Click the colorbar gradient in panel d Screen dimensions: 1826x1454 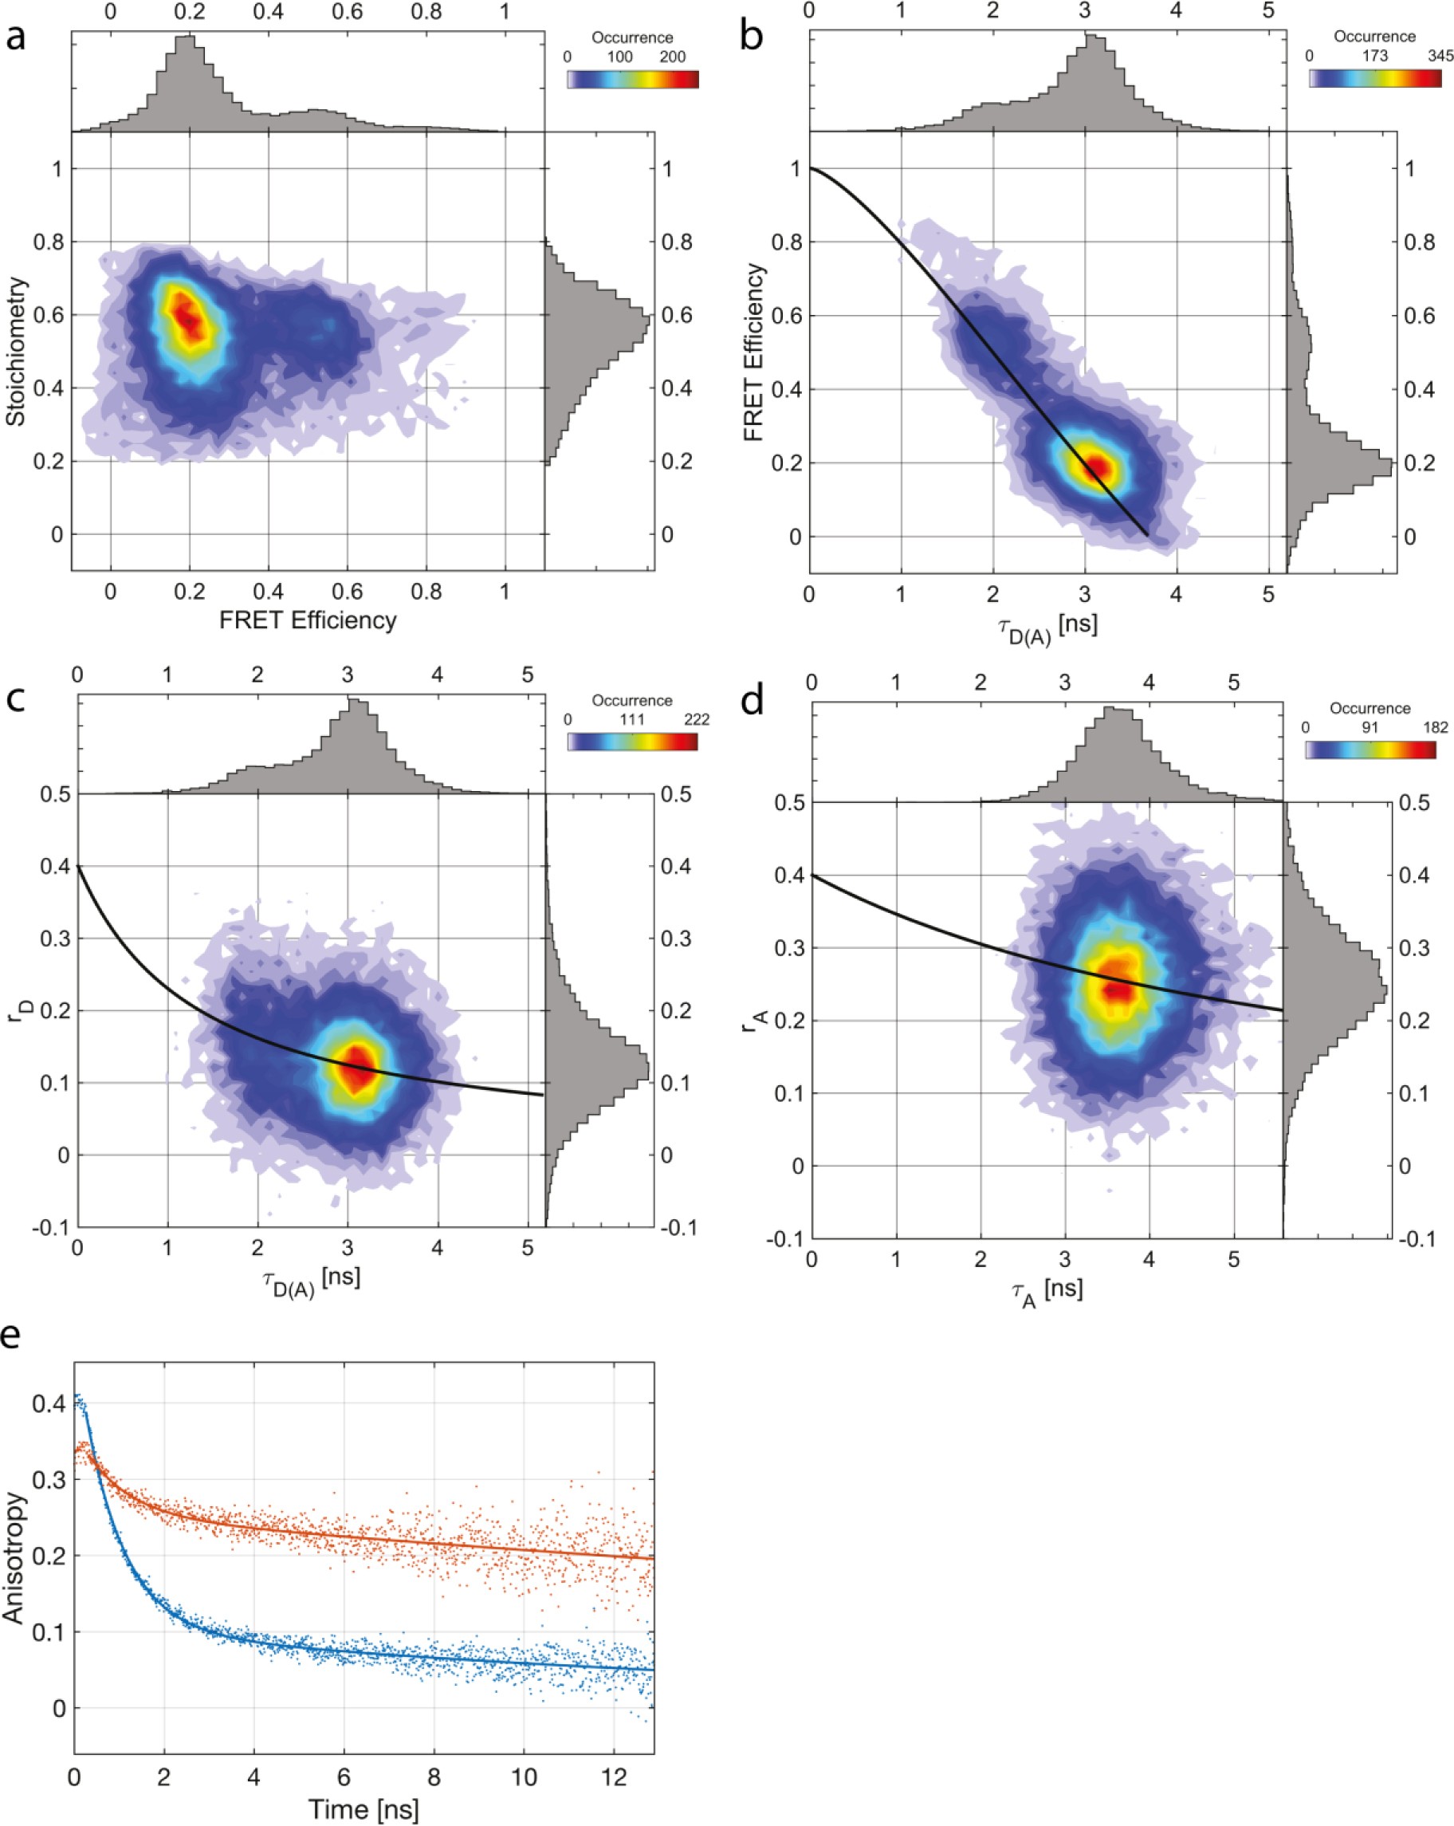click(1370, 750)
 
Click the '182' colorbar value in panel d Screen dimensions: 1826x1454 click(1434, 727)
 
